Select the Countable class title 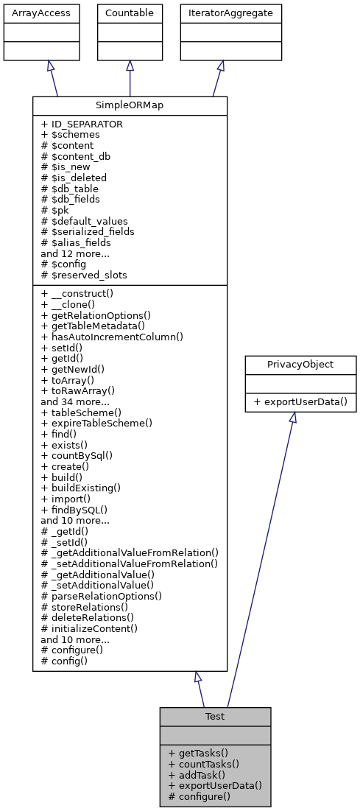130,13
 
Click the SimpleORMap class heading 130,105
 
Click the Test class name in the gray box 215,716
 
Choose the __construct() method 80,293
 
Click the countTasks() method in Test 201,764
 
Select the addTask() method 196,775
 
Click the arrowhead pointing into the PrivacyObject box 292,418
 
